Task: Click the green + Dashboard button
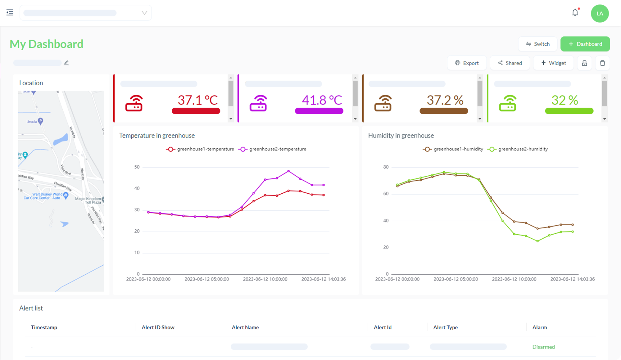pos(585,44)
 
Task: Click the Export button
pos(467,63)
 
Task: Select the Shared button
pos(510,63)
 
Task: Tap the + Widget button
pos(553,63)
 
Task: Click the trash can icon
pos(602,63)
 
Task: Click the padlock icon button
pos(584,63)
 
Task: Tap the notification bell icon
pos(575,13)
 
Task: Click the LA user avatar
pos(600,13)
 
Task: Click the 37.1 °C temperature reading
pos(197,100)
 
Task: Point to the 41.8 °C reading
pos(322,100)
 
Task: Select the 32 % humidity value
pos(564,100)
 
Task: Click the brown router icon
pos(383,103)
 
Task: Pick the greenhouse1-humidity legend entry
pos(453,149)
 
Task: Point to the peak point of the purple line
pos(288,171)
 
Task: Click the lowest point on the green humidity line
pos(537,241)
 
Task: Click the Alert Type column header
pos(445,327)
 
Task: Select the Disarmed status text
pos(543,347)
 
